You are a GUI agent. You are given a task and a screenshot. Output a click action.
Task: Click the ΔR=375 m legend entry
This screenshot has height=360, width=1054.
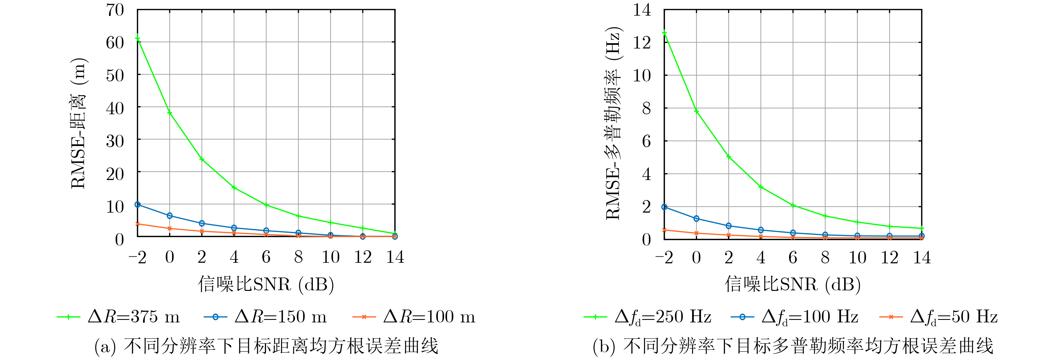click(119, 317)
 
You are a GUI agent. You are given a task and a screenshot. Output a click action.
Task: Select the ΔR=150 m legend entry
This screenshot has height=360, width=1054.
click(265, 317)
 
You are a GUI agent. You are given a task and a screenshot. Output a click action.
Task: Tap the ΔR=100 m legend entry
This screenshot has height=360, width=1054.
click(414, 317)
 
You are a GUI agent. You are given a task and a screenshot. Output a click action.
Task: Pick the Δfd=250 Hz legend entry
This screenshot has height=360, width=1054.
click(648, 317)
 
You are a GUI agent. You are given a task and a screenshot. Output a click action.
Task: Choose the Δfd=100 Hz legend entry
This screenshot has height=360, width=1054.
click(795, 317)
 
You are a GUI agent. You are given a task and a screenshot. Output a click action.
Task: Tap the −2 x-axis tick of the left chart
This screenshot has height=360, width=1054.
click(137, 257)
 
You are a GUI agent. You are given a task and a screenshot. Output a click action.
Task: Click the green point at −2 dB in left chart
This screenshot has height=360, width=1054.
click(137, 39)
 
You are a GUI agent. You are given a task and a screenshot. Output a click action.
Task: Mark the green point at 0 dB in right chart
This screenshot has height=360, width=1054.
click(697, 111)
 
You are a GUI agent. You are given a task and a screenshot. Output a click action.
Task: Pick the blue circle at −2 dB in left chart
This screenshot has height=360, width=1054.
click(137, 204)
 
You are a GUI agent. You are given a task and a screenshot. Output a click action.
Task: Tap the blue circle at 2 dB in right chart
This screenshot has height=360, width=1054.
click(729, 226)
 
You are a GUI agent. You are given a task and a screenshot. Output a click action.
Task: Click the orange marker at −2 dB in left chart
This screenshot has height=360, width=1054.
click(137, 224)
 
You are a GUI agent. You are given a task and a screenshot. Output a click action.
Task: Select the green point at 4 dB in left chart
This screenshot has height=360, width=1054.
click(234, 187)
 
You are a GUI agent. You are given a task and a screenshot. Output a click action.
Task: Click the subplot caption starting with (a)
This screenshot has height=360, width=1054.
click(266, 346)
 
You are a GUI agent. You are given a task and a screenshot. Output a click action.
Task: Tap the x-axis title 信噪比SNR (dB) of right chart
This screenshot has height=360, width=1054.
click(793, 284)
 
